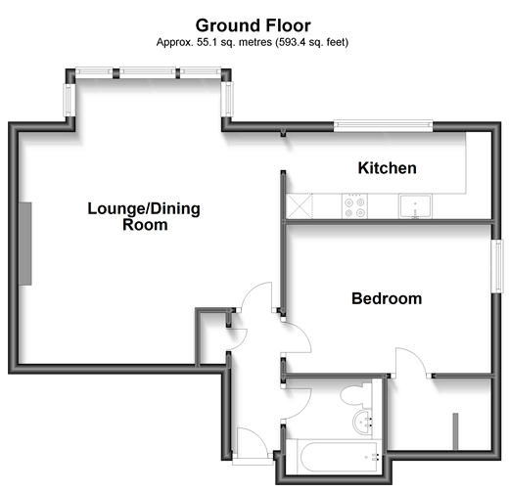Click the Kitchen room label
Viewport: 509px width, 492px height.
pyautogui.click(x=387, y=168)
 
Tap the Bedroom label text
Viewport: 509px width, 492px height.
pyautogui.click(x=387, y=298)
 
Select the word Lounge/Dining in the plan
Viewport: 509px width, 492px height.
pyautogui.click(x=133, y=207)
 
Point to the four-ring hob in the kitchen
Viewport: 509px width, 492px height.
pyautogui.click(x=353, y=206)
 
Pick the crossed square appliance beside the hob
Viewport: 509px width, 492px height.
pyautogui.click(x=297, y=206)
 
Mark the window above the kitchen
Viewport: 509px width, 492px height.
pyautogui.click(x=382, y=124)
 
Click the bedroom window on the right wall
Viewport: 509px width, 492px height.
pyautogui.click(x=496, y=264)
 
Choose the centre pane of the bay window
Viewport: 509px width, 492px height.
pyautogui.click(x=150, y=72)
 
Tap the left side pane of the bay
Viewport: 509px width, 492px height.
pyautogui.click(x=69, y=98)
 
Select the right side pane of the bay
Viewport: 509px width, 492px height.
pyautogui.click(x=228, y=97)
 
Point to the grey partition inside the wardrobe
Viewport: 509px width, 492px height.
pyautogui.click(x=454, y=431)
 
